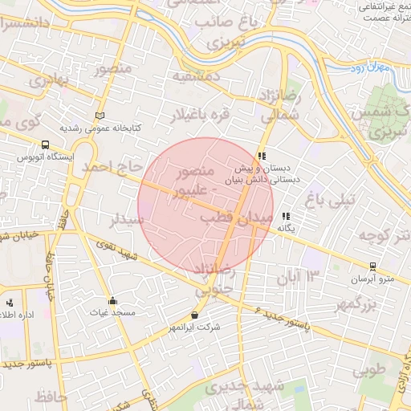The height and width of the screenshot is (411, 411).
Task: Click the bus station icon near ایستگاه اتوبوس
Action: [x=45, y=145]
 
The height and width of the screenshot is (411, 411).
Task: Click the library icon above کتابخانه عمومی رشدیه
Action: [x=100, y=116]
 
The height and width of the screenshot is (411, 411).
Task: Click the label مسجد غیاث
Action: [x=112, y=311]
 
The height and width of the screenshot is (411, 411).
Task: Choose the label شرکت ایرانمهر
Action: [x=193, y=328]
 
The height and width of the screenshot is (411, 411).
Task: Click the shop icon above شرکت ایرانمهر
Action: [x=195, y=315]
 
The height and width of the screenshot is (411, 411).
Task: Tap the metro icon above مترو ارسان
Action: [x=372, y=267]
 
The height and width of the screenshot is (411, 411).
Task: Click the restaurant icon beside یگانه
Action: [x=286, y=216]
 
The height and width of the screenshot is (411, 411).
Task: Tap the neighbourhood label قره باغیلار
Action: [x=198, y=116]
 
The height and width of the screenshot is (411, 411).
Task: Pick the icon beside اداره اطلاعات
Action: [x=10, y=303]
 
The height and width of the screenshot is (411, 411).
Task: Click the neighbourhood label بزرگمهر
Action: [x=357, y=305]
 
